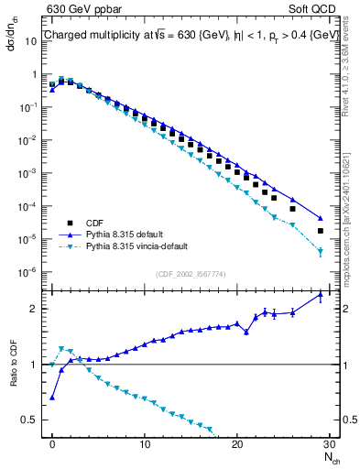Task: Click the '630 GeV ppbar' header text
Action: pos(82,11)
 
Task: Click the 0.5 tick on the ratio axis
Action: pos(35,420)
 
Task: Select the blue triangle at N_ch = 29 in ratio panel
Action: pos(320,295)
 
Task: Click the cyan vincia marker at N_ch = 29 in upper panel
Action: pos(320,250)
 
